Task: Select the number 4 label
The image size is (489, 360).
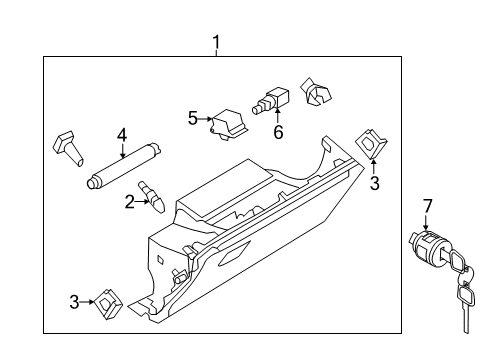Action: pos(122,134)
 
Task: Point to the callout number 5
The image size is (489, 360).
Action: pos(193,118)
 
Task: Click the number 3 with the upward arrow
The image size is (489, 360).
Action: pos(375,183)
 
